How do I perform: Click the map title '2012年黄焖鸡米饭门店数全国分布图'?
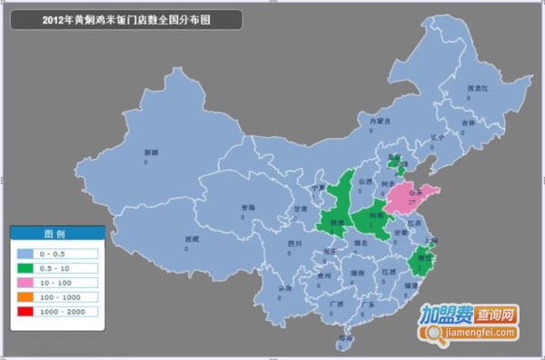pos(126,18)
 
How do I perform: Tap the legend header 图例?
pos(55,234)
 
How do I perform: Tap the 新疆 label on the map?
pos(138,153)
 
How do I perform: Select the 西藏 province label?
pos(192,240)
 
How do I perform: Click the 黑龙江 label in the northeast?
pos(477,88)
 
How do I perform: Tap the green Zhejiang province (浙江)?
pos(421,261)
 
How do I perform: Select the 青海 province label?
pos(248,208)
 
